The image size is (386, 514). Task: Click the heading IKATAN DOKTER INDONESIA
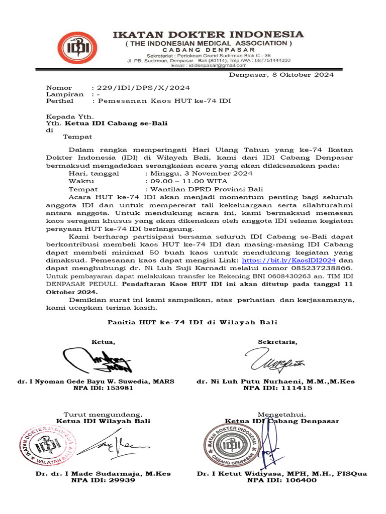207,35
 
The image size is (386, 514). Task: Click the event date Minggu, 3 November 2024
199,173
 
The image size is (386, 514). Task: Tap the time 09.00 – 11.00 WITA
186,181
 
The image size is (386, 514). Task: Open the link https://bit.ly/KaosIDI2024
288,261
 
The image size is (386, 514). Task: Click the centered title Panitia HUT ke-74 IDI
193,322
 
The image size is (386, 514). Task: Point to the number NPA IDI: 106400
282,480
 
